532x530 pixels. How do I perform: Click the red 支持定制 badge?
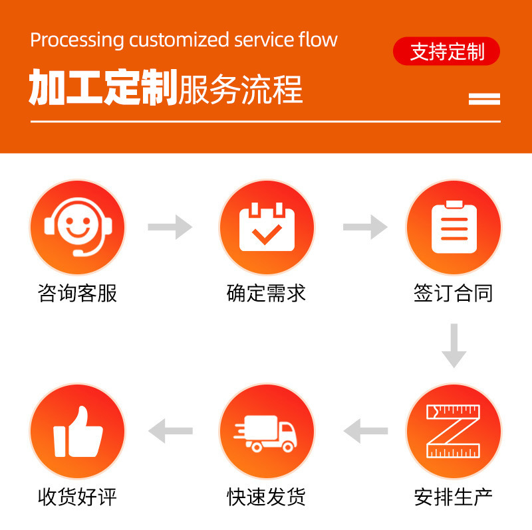[446, 51]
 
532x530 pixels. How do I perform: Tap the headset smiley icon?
[77, 228]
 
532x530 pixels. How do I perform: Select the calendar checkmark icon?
[266, 228]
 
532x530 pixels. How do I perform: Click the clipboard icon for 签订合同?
[454, 228]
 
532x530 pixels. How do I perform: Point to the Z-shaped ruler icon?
[454, 432]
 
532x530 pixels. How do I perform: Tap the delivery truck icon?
[266, 432]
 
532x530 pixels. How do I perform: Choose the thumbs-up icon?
[77, 432]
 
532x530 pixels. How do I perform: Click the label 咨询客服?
[77, 293]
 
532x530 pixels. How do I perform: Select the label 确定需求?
[266, 293]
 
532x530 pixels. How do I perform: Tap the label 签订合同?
[454, 293]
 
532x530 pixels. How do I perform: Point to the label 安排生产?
[454, 496]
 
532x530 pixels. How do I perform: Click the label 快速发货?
[266, 496]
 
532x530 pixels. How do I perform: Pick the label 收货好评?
[77, 496]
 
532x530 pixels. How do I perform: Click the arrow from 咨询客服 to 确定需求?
[170, 227]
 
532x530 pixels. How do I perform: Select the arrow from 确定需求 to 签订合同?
[365, 227]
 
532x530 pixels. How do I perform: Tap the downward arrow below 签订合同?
[454, 345]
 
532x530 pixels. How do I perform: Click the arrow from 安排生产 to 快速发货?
[365, 431]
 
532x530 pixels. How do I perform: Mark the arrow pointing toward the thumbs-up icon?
[170, 431]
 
